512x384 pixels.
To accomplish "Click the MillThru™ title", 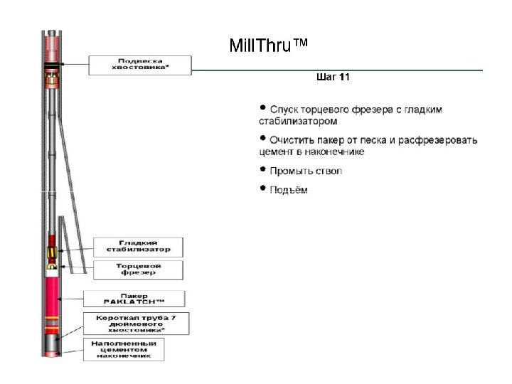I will click(x=269, y=47).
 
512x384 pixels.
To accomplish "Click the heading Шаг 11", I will click(x=332, y=77).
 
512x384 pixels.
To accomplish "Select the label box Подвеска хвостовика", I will click(x=139, y=65).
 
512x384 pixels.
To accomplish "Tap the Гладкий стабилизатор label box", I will click(x=139, y=246).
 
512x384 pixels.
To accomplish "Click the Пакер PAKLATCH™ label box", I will click(x=134, y=299).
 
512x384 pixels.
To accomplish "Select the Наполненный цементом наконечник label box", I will click(x=124, y=348).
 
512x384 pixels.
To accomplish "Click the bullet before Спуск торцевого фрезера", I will click(x=262, y=108).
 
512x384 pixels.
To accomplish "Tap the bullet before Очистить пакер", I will click(x=262, y=139).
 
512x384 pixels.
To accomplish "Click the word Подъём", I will click(x=289, y=191).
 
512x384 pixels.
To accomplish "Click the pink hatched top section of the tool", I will click(x=52, y=47).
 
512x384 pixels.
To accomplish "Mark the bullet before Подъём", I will click(x=262, y=189).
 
